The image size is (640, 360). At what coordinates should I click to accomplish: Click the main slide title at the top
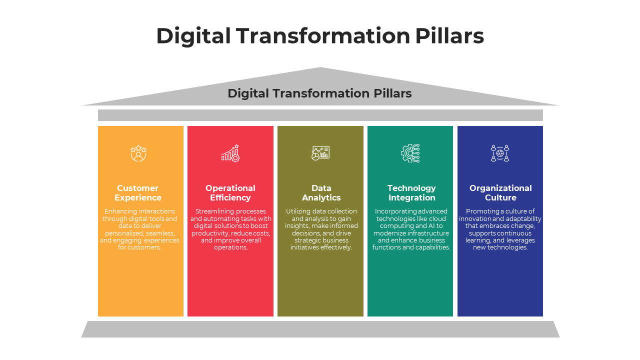pyautogui.click(x=320, y=36)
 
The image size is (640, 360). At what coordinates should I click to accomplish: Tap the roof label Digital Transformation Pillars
pyautogui.click(x=319, y=93)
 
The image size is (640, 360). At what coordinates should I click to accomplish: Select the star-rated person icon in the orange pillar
pyautogui.click(x=138, y=153)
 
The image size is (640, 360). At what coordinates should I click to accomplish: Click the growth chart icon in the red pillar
pyautogui.click(x=230, y=153)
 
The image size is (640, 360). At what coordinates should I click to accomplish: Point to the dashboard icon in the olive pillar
pyautogui.click(x=320, y=153)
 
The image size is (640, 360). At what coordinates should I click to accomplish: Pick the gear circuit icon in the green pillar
pyautogui.click(x=410, y=153)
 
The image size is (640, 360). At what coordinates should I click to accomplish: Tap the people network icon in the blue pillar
pyautogui.click(x=500, y=153)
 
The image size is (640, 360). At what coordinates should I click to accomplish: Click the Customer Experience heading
pyautogui.click(x=138, y=192)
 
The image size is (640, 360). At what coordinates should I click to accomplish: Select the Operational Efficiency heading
pyautogui.click(x=230, y=192)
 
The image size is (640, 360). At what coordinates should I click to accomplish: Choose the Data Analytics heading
pyautogui.click(x=321, y=192)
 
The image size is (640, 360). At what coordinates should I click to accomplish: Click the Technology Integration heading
pyautogui.click(x=411, y=192)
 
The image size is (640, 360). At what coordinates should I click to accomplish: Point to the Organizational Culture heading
pyautogui.click(x=500, y=192)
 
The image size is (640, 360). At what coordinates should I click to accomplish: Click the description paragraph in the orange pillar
pyautogui.click(x=140, y=229)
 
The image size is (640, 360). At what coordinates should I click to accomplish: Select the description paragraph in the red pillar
pyautogui.click(x=231, y=229)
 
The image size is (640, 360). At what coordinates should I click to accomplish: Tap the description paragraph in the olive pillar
pyautogui.click(x=321, y=229)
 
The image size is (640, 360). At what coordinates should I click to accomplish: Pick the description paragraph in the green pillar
pyautogui.click(x=411, y=229)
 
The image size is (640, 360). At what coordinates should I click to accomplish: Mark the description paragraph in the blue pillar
pyautogui.click(x=500, y=229)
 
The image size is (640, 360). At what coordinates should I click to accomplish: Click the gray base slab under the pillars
pyautogui.click(x=320, y=329)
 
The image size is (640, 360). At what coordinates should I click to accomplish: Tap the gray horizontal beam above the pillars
pyautogui.click(x=320, y=115)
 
